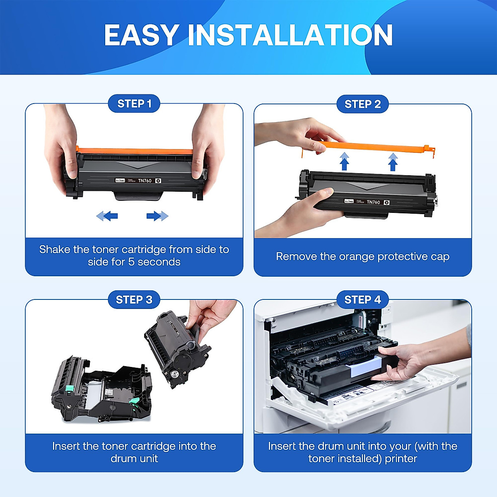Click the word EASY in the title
[x=141, y=35]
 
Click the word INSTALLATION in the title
[x=290, y=35]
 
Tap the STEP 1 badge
[x=134, y=104]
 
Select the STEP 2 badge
[x=362, y=104]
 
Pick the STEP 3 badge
[x=134, y=299]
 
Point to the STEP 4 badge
[x=362, y=299]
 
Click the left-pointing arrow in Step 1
[x=107, y=216]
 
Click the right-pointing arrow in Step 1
[x=157, y=216]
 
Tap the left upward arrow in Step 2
[x=344, y=162]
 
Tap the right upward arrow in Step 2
[x=393, y=162]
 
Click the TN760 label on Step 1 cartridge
[x=145, y=181]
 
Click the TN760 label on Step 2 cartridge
[x=373, y=202]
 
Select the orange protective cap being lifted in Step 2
[x=373, y=146]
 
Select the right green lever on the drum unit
[x=134, y=401]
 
